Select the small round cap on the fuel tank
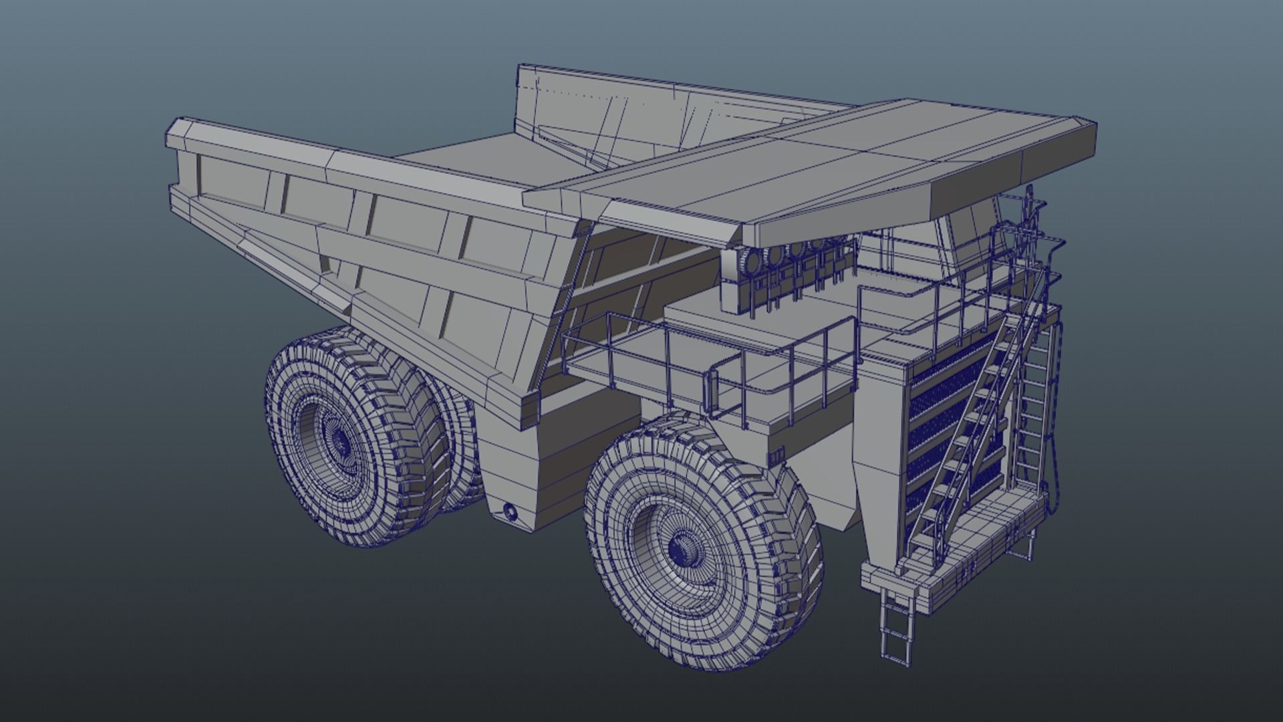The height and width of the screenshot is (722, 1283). click(510, 512)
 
